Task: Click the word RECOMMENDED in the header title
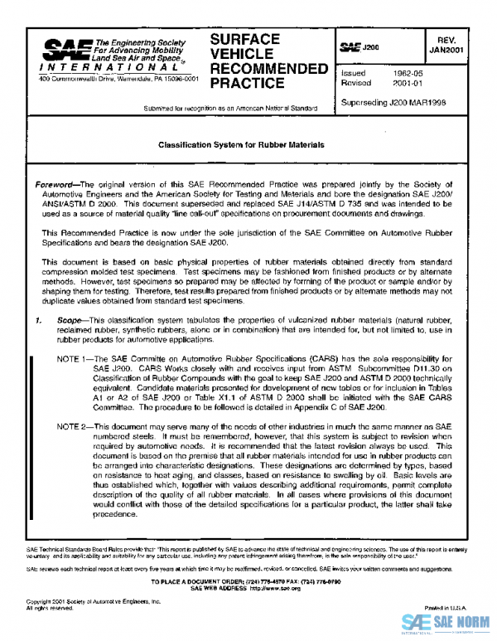[268, 67]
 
